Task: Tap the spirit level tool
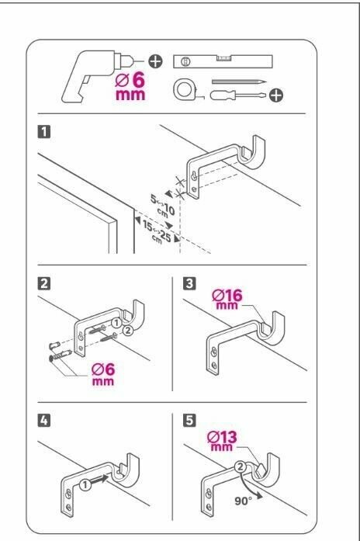[223, 61]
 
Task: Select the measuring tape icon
[185, 90]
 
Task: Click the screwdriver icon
[238, 95]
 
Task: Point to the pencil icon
[239, 81]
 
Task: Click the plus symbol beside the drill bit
[155, 61]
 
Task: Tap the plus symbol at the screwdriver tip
[276, 95]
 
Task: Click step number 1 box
[43, 132]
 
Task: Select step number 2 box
[43, 283]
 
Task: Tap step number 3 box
[189, 283]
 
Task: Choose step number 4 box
[43, 421]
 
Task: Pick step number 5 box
[189, 421]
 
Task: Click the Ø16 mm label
[227, 299]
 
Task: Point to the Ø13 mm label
[222, 441]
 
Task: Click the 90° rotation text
[244, 501]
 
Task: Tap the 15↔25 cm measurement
[157, 233]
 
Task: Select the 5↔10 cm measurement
[162, 205]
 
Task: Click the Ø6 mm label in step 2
[103, 375]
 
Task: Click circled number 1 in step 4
[85, 485]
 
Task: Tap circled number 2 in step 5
[240, 467]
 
